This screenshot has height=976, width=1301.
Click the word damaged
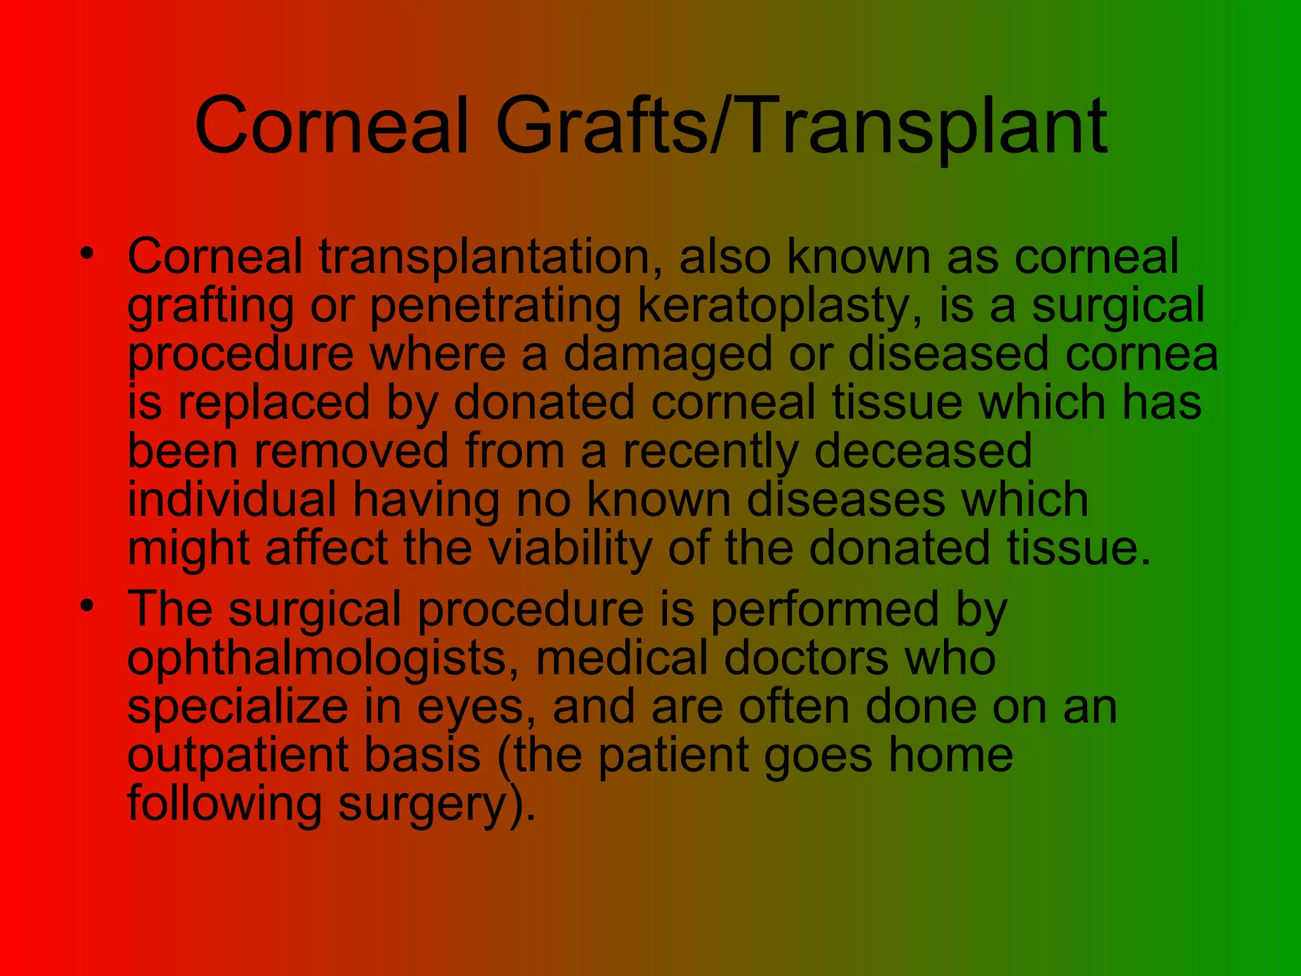pyautogui.click(x=668, y=355)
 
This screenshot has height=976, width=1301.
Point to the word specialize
pyautogui.click(x=238, y=708)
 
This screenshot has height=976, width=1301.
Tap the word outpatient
pyautogui.click(x=238, y=756)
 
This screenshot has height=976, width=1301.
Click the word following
pyautogui.click(x=225, y=805)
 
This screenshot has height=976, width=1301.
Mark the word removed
pyautogui.click(x=352, y=451)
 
